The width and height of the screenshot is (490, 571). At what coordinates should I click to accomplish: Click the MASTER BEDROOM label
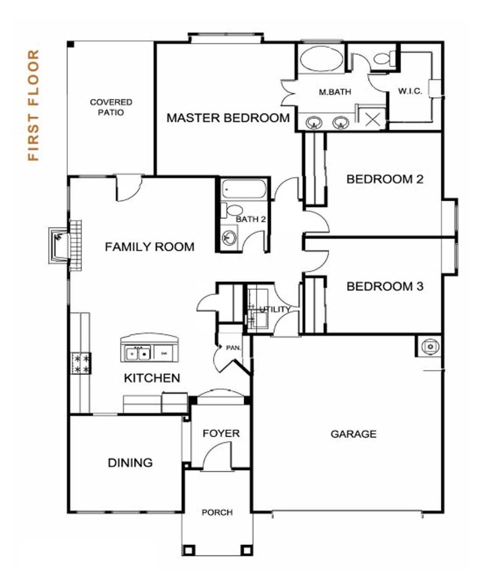click(228, 118)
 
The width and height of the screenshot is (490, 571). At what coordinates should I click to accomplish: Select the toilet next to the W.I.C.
click(383, 58)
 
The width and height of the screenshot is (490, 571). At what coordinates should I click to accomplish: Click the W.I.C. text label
click(410, 91)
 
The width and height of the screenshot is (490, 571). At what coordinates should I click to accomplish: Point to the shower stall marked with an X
click(372, 119)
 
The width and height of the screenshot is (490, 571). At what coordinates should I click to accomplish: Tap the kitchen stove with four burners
click(81, 364)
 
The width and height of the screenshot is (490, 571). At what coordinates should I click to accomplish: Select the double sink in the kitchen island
click(138, 353)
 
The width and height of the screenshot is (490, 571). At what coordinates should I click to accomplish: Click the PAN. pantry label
click(233, 348)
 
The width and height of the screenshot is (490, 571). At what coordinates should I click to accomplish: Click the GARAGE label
click(353, 434)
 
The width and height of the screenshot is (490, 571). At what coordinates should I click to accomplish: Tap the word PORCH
click(217, 512)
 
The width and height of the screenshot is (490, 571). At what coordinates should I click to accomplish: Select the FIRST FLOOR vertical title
click(34, 105)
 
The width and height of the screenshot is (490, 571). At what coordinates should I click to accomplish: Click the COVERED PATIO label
click(111, 107)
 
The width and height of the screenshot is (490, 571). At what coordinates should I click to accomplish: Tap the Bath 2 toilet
click(234, 210)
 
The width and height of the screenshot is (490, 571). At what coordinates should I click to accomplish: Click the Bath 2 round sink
click(229, 238)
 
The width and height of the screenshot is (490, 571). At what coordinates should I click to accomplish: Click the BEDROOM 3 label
click(385, 286)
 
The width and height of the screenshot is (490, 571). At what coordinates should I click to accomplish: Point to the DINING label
click(130, 463)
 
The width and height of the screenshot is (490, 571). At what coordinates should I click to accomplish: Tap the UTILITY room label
click(274, 309)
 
